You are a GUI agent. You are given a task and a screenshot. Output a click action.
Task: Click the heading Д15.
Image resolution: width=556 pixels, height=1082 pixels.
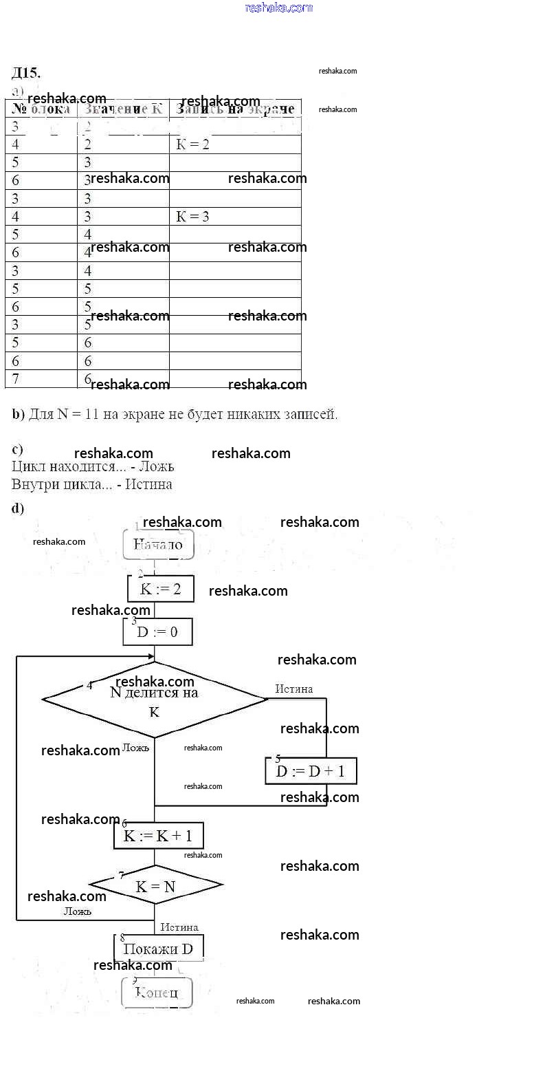26,73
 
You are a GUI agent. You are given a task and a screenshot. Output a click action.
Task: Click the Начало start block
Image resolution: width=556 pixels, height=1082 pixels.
158,545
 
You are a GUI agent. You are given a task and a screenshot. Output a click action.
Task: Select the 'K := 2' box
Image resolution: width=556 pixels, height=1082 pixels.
160,589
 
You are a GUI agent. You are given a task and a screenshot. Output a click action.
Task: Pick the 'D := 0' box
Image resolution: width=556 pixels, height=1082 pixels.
157,632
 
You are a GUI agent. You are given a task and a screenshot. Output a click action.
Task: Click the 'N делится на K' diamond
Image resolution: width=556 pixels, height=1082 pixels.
154,700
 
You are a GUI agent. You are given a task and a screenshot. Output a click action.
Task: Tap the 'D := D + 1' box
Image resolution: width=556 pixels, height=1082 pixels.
311,771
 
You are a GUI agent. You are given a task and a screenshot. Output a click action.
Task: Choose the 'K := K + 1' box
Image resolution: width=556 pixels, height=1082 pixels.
158,836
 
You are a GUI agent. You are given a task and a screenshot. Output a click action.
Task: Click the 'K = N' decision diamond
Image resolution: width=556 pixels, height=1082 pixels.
155,887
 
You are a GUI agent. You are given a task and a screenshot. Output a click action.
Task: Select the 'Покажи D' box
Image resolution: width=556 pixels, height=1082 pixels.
158,949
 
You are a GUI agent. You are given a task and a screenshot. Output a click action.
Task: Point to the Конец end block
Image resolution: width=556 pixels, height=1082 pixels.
157,992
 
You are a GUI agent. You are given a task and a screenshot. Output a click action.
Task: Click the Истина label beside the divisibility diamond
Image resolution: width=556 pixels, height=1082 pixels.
293,689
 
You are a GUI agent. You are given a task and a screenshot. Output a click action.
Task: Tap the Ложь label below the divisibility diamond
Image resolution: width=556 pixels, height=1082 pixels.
135,748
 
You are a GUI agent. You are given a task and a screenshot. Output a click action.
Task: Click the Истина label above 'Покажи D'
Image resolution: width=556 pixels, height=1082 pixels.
179,927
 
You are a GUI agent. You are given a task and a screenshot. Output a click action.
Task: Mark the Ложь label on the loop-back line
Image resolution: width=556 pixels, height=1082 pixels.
78,911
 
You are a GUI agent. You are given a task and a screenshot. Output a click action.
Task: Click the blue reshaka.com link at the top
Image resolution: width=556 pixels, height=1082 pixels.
278,8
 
